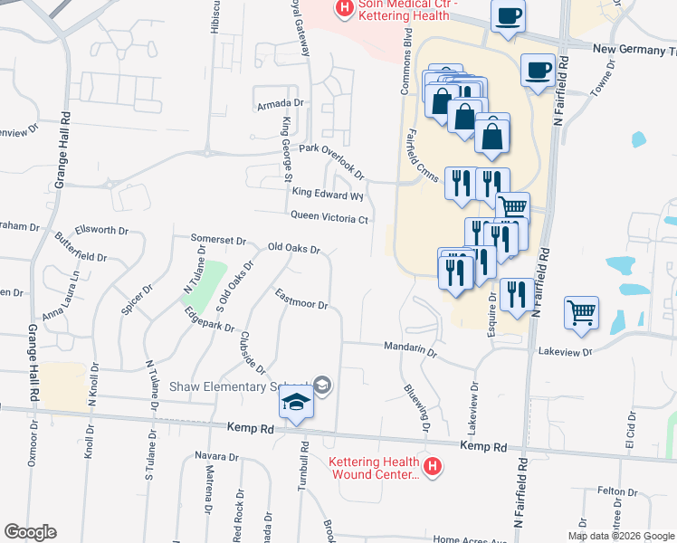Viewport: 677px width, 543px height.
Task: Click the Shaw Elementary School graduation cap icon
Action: (295, 401)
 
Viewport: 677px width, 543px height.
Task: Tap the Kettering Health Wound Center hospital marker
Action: (433, 467)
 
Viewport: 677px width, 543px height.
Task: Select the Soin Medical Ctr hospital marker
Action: (344, 9)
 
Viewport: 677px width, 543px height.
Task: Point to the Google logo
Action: (30, 532)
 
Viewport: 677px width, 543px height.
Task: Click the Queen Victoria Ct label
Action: (329, 217)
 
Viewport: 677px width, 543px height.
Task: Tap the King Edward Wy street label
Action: (327, 193)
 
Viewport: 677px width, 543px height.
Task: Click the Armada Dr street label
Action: (278, 105)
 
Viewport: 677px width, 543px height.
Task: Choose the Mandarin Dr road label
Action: (410, 348)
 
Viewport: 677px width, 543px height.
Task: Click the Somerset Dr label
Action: (218, 240)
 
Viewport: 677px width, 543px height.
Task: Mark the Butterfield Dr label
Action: (81, 245)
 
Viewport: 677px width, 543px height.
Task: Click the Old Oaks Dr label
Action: (294, 247)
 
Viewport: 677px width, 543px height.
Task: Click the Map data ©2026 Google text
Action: (620, 535)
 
